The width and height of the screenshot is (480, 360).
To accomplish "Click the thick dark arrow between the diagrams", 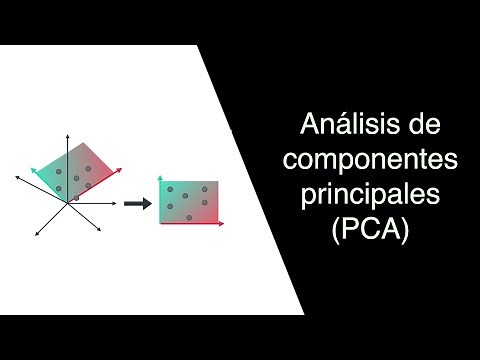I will pyautogui.click(x=138, y=203).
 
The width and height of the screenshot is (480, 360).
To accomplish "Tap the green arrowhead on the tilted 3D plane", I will pyautogui.click(x=35, y=172).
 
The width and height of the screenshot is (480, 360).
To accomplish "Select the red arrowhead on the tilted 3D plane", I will pyautogui.click(x=119, y=169).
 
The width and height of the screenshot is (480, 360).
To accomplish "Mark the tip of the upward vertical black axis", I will pyautogui.click(x=68, y=132).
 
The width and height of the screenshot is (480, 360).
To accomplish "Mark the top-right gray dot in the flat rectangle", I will pyautogui.click(x=204, y=189).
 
